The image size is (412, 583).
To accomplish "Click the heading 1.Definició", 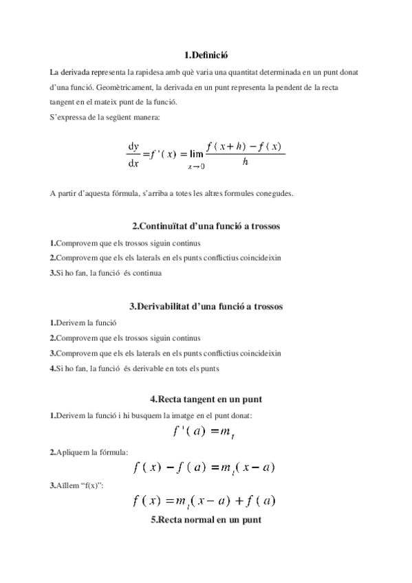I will [x=206, y=55].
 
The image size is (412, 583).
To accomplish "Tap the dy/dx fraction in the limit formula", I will [x=133, y=155].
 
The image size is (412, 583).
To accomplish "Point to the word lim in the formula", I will [x=196, y=154].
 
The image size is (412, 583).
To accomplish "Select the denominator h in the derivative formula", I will [x=245, y=163].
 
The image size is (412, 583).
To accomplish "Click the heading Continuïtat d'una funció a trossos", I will [x=206, y=226].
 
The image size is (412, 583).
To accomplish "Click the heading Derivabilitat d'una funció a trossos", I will [x=206, y=306].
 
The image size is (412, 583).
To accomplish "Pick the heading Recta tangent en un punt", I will [x=206, y=399].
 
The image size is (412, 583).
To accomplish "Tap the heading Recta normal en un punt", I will [x=206, y=520].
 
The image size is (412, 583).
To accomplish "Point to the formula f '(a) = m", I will [x=205, y=432].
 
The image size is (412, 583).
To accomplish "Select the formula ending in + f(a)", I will [x=204, y=501].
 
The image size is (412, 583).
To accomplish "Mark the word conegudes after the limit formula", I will [x=272, y=193].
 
